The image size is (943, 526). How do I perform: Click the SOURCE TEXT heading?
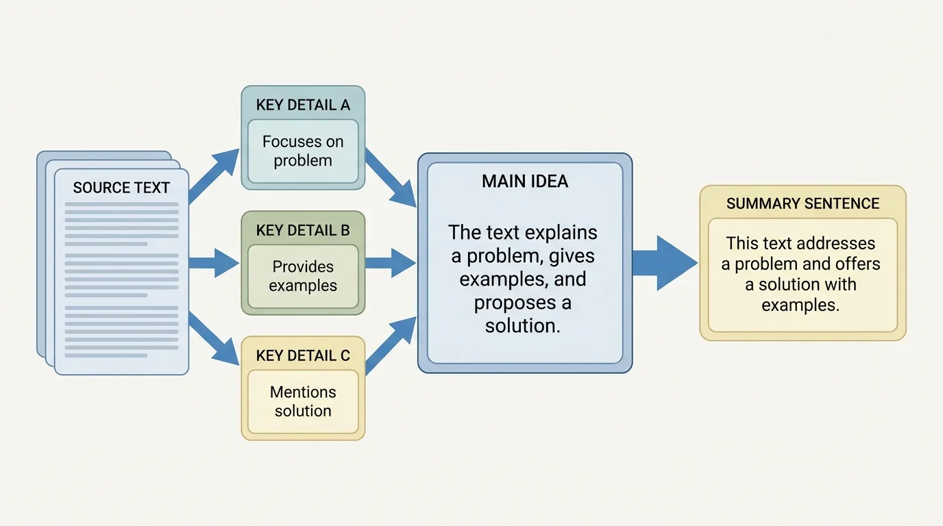click(121, 188)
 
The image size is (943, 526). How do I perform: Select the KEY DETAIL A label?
click(303, 105)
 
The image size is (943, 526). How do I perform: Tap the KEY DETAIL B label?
click(303, 230)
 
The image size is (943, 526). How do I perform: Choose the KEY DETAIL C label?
click(303, 355)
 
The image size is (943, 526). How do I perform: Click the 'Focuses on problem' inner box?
click(303, 151)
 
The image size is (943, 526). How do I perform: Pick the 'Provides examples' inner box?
click(303, 276)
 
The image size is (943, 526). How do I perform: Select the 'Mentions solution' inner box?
click(303, 401)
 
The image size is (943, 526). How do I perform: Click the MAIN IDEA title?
click(525, 181)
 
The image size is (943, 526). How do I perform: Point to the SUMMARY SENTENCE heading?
click(803, 203)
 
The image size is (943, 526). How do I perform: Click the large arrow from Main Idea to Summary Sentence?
click(662, 263)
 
